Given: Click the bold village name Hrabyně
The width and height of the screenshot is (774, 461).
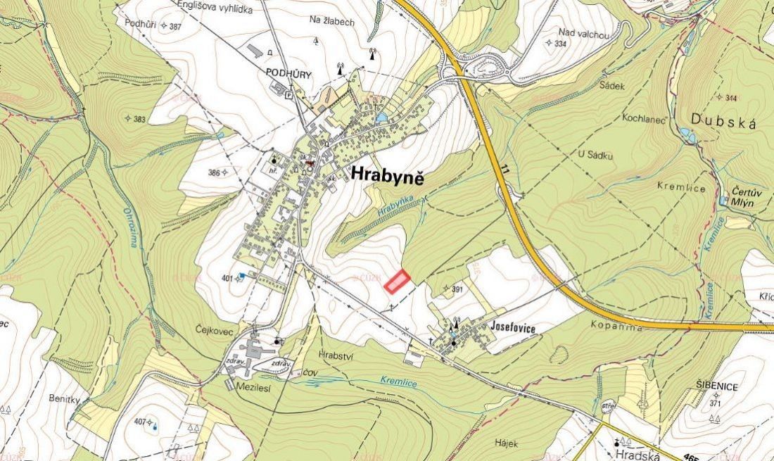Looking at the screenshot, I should coord(387,176).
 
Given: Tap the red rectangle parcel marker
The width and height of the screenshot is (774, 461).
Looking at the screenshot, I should coord(398,282).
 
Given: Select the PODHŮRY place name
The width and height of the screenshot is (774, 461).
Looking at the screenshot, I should coord(288,73).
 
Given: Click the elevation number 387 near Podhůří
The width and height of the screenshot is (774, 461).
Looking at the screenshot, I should coord(175,26).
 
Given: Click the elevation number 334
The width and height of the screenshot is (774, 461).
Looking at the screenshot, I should coord(560,44).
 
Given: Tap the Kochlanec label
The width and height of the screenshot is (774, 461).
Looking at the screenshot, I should coord(643,118).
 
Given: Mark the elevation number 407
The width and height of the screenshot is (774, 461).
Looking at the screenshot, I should coord(138,422).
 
